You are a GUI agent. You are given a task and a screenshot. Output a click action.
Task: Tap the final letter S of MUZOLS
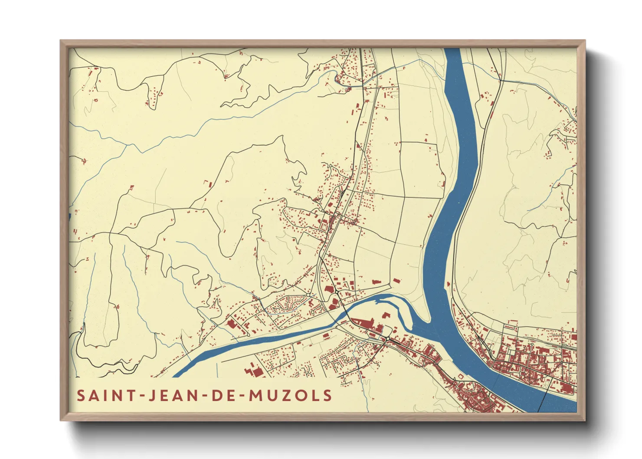pos(328,396)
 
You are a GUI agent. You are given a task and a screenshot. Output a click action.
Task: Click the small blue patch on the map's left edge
pos(70,216)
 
